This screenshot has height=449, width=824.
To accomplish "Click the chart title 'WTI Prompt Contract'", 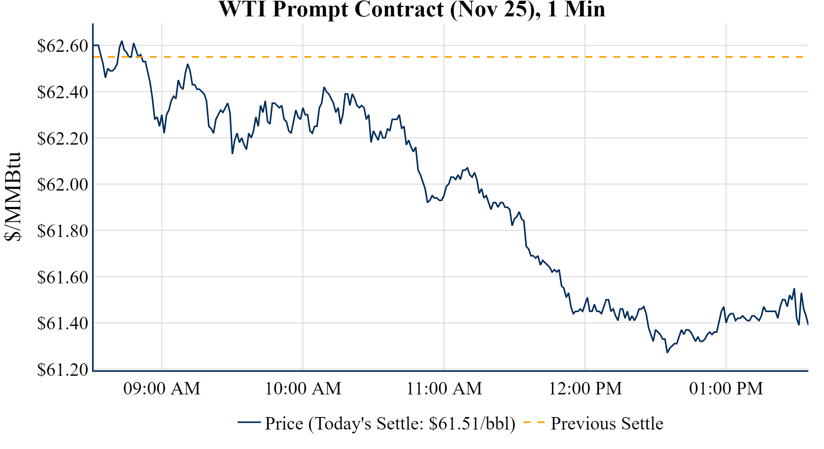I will [x=412, y=9].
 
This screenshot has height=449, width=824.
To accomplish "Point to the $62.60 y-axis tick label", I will [x=62, y=46].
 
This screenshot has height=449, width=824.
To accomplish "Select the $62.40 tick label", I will [x=62, y=92].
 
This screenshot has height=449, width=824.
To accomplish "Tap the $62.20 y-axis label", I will [x=62, y=138].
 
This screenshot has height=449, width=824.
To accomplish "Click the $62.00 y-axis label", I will [x=62, y=184].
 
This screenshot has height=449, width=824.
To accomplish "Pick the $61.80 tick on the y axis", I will [x=62, y=231].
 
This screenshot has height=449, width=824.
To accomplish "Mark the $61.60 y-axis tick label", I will [x=62, y=277].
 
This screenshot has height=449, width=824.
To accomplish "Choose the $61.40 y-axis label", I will [x=62, y=323].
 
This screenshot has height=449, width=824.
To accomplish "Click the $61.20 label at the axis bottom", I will [x=62, y=369].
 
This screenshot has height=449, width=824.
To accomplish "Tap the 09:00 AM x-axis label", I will [x=162, y=389].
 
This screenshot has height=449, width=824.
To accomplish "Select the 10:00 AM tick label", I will [x=303, y=389].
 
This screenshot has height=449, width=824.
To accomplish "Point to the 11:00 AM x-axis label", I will [x=444, y=389].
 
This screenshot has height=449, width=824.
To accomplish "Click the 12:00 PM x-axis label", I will [x=585, y=389].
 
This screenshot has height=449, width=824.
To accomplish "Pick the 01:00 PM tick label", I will [x=726, y=389].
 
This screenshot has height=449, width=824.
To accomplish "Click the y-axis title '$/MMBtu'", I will [x=12, y=197].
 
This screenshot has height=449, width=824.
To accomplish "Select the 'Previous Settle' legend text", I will [x=607, y=424].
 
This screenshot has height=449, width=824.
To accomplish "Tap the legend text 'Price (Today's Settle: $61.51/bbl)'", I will [x=390, y=424].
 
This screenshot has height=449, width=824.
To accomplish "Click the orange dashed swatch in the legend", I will [x=534, y=422].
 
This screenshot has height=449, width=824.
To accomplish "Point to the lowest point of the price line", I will [x=667, y=352].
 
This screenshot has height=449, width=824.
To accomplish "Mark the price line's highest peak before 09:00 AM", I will [x=122, y=41].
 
